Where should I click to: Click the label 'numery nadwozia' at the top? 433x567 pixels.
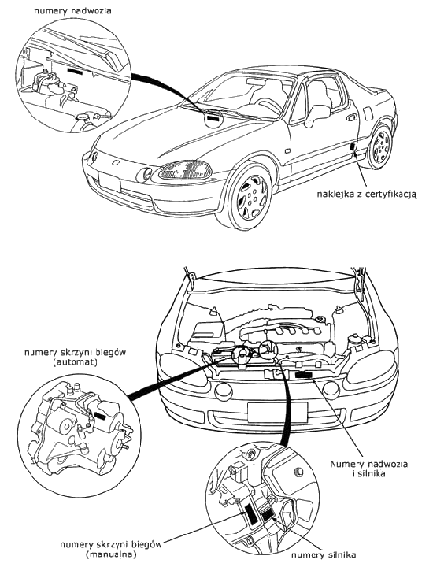pyautogui.click(x=72, y=11)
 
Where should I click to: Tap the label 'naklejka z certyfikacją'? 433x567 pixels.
pyautogui.click(x=367, y=195)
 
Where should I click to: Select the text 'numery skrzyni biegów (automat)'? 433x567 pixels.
pyautogui.click(x=75, y=357)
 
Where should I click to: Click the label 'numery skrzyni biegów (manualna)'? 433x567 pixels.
pyautogui.click(x=110, y=549)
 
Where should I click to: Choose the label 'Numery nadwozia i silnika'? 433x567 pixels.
pyautogui.click(x=368, y=469)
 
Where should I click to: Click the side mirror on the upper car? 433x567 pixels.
pyautogui.click(x=316, y=115)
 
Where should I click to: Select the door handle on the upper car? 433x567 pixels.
pyautogui.click(x=350, y=118)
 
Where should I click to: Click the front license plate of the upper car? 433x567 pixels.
pyautogui.click(x=109, y=182)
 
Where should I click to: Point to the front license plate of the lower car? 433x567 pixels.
pyautogui.click(x=277, y=412)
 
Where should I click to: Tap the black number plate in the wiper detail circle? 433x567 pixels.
pyautogui.click(x=75, y=71)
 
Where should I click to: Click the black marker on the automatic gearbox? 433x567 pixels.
pyautogui.click(x=99, y=417)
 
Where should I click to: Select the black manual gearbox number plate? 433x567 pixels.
pyautogui.click(x=250, y=513)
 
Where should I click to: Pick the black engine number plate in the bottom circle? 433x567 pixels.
pyautogui.click(x=268, y=514)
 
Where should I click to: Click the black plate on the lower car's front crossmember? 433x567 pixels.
pyautogui.click(x=304, y=375)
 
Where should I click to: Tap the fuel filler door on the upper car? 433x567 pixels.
pyautogui.click(x=367, y=113)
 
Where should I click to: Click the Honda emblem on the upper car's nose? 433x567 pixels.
pyautogui.click(x=115, y=163)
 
